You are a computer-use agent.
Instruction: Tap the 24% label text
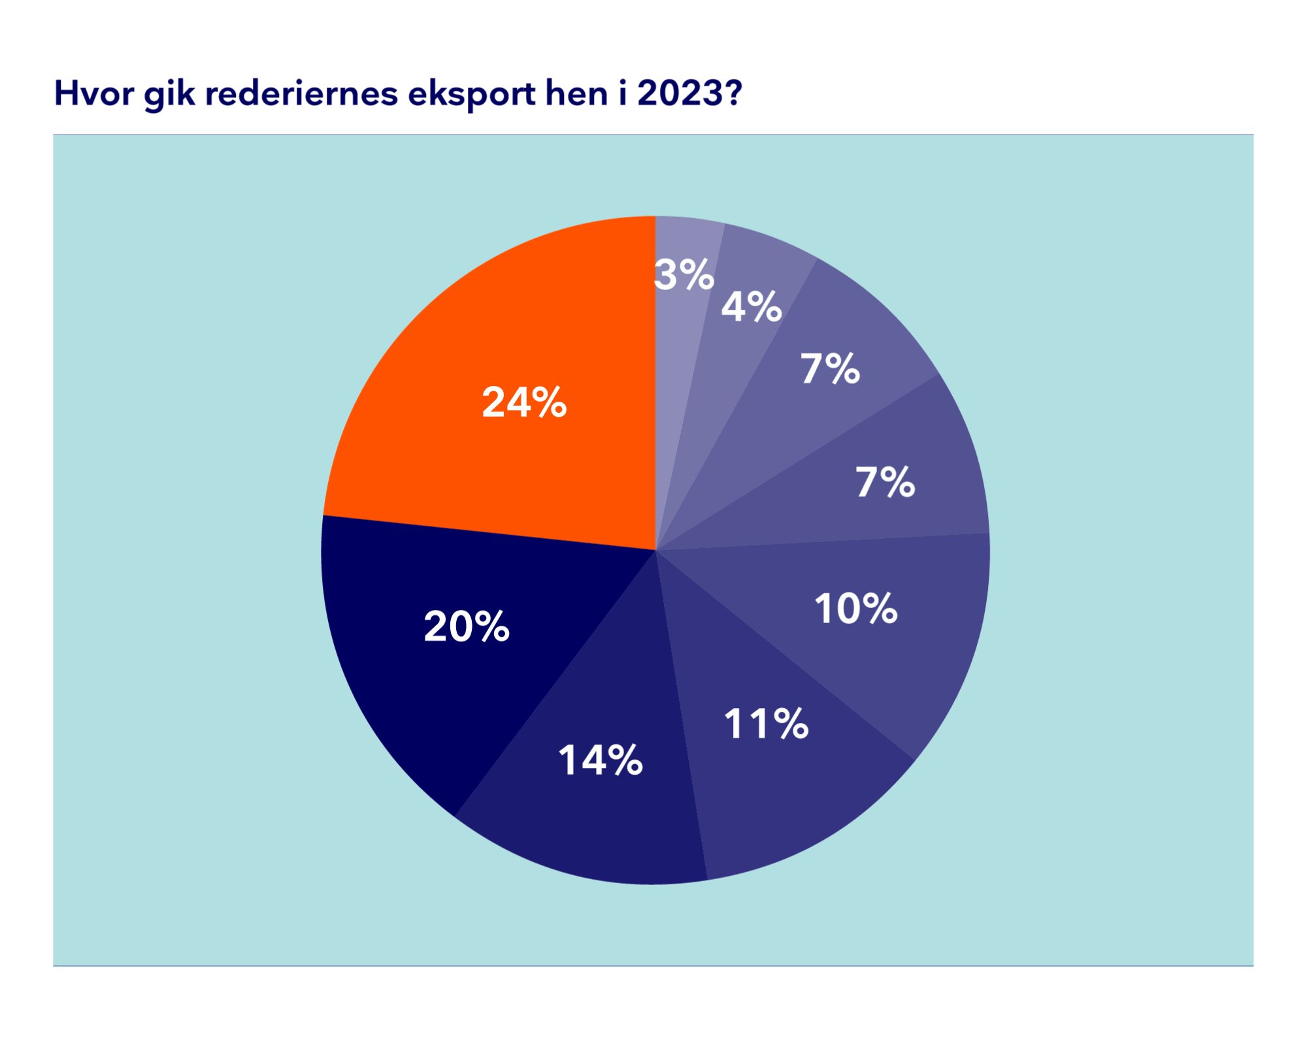(x=524, y=402)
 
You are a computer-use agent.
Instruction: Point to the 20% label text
(x=467, y=627)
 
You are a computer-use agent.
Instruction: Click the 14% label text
(x=601, y=761)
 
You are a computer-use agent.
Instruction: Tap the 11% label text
(x=766, y=724)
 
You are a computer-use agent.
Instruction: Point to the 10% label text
(x=856, y=609)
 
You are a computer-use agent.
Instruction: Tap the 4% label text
(x=752, y=307)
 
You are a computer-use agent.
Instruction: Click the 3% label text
(x=684, y=275)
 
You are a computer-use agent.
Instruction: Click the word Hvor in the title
(x=95, y=93)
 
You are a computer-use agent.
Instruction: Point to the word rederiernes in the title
(x=301, y=93)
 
